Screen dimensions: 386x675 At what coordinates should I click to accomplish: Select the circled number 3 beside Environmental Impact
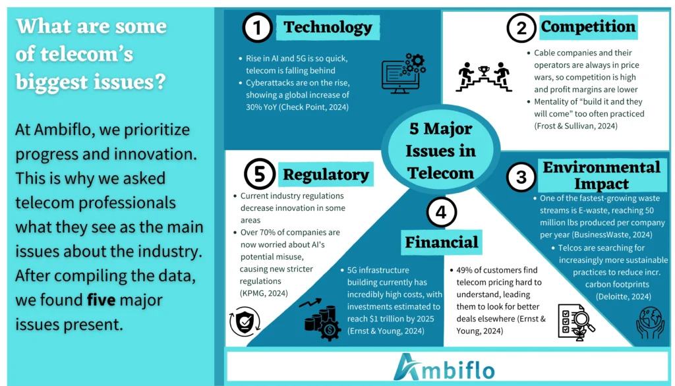click(521, 177)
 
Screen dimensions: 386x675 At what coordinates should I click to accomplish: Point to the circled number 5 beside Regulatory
click(258, 175)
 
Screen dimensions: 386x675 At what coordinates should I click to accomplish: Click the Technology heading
click(328, 28)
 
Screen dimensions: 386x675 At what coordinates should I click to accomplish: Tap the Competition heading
click(588, 27)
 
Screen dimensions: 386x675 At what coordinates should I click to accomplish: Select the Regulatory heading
click(326, 175)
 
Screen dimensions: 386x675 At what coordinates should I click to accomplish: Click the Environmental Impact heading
click(601, 175)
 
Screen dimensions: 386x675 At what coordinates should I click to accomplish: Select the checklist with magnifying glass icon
click(575, 321)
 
